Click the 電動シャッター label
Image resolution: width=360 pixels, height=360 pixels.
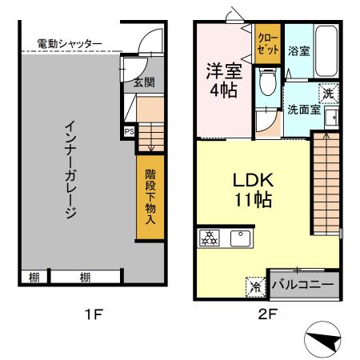(70, 43)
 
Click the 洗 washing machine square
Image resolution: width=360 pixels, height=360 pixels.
(328, 93)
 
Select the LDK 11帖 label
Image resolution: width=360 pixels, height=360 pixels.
(251, 189)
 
